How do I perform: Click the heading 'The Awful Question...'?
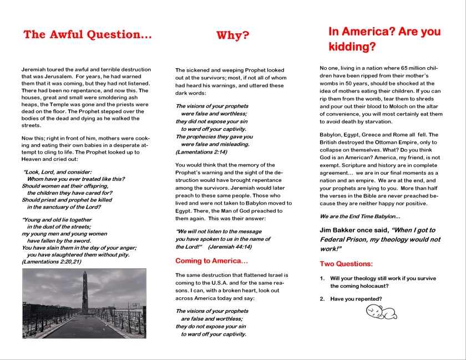tap(87, 35)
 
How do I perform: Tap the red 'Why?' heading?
tap(232, 36)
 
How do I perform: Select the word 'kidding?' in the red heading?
tap(352, 47)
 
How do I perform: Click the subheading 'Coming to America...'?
tap(211, 261)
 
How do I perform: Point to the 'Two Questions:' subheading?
tap(346, 264)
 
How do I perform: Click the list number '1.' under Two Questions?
tap(322, 278)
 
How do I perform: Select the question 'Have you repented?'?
tap(356, 300)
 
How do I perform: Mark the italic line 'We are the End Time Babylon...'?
tap(360, 216)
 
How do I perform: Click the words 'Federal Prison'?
tap(346, 240)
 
